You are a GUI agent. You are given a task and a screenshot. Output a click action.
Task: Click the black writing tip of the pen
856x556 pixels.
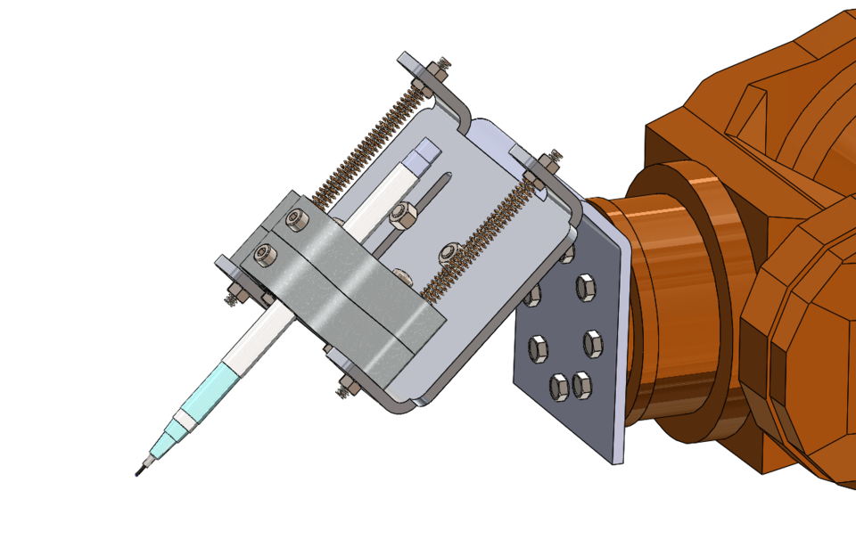tap(139, 470)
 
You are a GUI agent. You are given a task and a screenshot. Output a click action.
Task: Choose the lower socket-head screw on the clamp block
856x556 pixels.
tap(264, 256)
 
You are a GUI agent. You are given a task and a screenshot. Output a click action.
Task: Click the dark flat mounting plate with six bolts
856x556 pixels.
tap(571, 356)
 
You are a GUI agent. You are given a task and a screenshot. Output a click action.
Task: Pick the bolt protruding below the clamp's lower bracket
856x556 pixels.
tap(346, 388)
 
